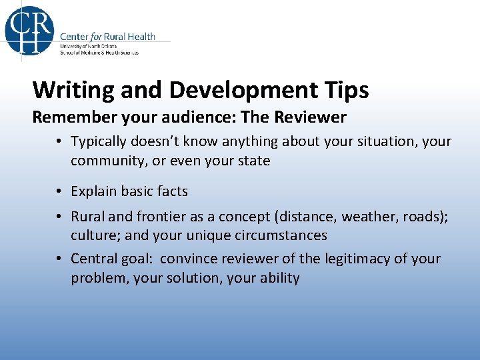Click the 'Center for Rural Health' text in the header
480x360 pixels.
click(107, 37)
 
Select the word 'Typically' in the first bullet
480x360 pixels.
click(99, 142)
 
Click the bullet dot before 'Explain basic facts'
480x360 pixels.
click(60, 191)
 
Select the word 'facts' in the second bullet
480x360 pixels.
click(172, 191)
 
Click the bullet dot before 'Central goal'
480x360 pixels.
click(60, 259)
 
